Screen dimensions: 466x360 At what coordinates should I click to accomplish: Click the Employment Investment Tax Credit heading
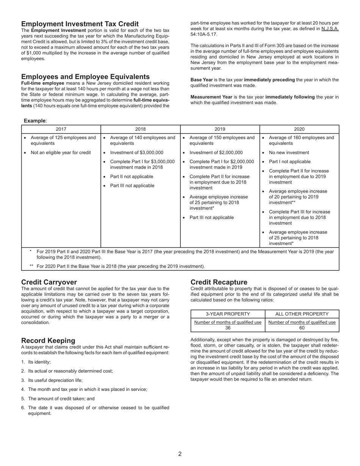click(x=80, y=24)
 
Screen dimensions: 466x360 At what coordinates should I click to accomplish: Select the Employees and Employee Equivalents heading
click(x=85, y=77)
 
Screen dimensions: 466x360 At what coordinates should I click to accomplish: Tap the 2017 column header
click(x=61, y=129)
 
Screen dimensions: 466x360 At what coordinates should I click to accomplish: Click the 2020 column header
click(x=299, y=129)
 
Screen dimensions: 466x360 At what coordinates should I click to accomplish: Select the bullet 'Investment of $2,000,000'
click(x=216, y=153)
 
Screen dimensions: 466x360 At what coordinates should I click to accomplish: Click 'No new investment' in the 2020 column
click(x=289, y=153)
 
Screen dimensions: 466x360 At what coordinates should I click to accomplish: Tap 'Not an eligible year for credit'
click(x=61, y=153)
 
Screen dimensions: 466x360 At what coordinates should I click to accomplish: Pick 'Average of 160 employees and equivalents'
click(x=301, y=140)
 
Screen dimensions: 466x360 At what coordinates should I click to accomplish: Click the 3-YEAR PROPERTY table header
click(x=228, y=314)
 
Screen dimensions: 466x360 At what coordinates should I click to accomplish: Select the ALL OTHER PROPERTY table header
click(x=302, y=314)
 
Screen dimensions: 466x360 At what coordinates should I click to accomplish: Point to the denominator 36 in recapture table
click(x=228, y=328)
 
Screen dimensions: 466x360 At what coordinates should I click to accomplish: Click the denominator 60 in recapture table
click(x=302, y=328)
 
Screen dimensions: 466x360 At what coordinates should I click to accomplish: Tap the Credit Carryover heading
click(x=49, y=282)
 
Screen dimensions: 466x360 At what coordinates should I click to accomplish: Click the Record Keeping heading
click(x=48, y=340)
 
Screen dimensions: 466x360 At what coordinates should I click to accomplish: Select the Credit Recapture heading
click(x=219, y=282)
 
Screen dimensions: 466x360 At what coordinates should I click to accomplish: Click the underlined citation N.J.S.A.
click(x=330, y=29)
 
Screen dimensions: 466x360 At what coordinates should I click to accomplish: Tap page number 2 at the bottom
click(x=180, y=454)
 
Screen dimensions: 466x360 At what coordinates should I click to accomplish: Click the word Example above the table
click(x=35, y=120)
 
